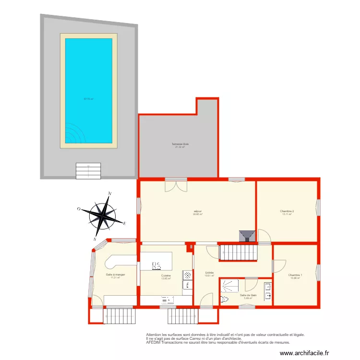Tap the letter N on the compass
pyautogui.click(x=110, y=193)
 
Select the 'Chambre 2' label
pyautogui.click(x=287, y=211)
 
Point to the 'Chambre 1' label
pyautogui.click(x=295, y=275)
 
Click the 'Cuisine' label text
pyautogui.click(x=166, y=276)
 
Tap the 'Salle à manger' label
pyautogui.click(x=115, y=275)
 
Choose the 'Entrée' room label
pyautogui.click(x=209, y=272)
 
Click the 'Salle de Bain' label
pyautogui.click(x=248, y=295)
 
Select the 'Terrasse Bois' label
pyautogui.click(x=180, y=144)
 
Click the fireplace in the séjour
pyautogui.click(x=247, y=235)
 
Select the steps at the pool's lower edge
pyautogui.click(x=88, y=170)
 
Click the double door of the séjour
pyautogui.click(x=175, y=185)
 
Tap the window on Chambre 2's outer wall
pyautogui.click(x=317, y=207)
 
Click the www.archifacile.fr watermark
pyautogui.click(x=305, y=353)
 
